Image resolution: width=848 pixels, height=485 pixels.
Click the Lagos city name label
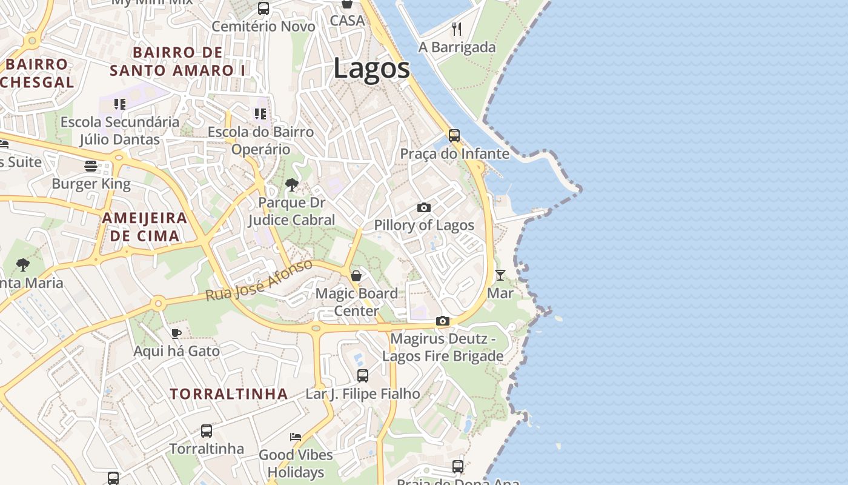(x=371, y=69)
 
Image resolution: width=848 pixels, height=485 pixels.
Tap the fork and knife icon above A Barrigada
(x=457, y=28)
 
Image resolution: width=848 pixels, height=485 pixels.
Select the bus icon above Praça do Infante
(x=454, y=135)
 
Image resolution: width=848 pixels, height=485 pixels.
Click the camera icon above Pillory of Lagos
(x=424, y=207)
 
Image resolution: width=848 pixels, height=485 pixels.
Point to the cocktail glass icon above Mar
(x=500, y=275)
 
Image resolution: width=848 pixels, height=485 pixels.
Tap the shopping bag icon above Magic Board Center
(x=356, y=276)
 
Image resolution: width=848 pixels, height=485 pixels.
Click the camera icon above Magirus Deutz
(x=443, y=321)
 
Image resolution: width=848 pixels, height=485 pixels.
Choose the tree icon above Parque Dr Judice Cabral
(x=291, y=184)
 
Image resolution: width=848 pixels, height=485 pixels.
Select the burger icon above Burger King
(x=91, y=166)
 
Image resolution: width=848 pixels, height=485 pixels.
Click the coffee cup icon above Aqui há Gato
(x=176, y=333)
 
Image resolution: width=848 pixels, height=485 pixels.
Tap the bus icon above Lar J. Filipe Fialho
(x=362, y=376)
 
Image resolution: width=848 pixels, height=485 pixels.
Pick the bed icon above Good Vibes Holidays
(x=296, y=436)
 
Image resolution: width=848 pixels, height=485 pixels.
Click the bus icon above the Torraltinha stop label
(x=207, y=431)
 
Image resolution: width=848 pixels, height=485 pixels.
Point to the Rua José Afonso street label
(x=259, y=280)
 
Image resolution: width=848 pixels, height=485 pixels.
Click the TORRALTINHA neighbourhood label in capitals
(x=229, y=394)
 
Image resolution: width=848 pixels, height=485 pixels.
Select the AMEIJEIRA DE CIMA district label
(x=145, y=227)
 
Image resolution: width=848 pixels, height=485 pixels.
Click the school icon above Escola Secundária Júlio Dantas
(x=120, y=104)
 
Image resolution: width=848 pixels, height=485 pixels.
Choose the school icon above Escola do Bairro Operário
(x=260, y=114)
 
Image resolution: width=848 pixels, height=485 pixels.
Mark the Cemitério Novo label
(x=263, y=27)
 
